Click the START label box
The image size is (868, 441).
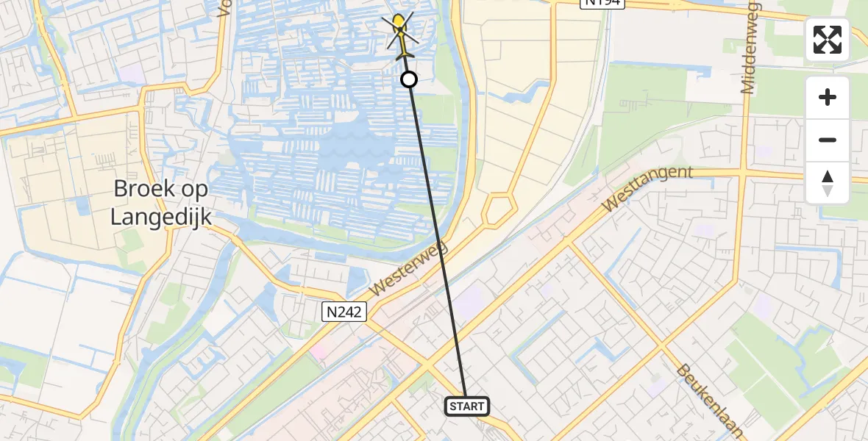(x=467, y=406)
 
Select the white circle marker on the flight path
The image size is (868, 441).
(x=409, y=79)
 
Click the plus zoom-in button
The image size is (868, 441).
(x=828, y=98)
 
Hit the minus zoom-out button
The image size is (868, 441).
(x=828, y=140)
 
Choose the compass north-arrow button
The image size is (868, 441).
(x=828, y=183)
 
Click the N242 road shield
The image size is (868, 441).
(x=344, y=312)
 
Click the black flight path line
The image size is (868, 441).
(x=438, y=243)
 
